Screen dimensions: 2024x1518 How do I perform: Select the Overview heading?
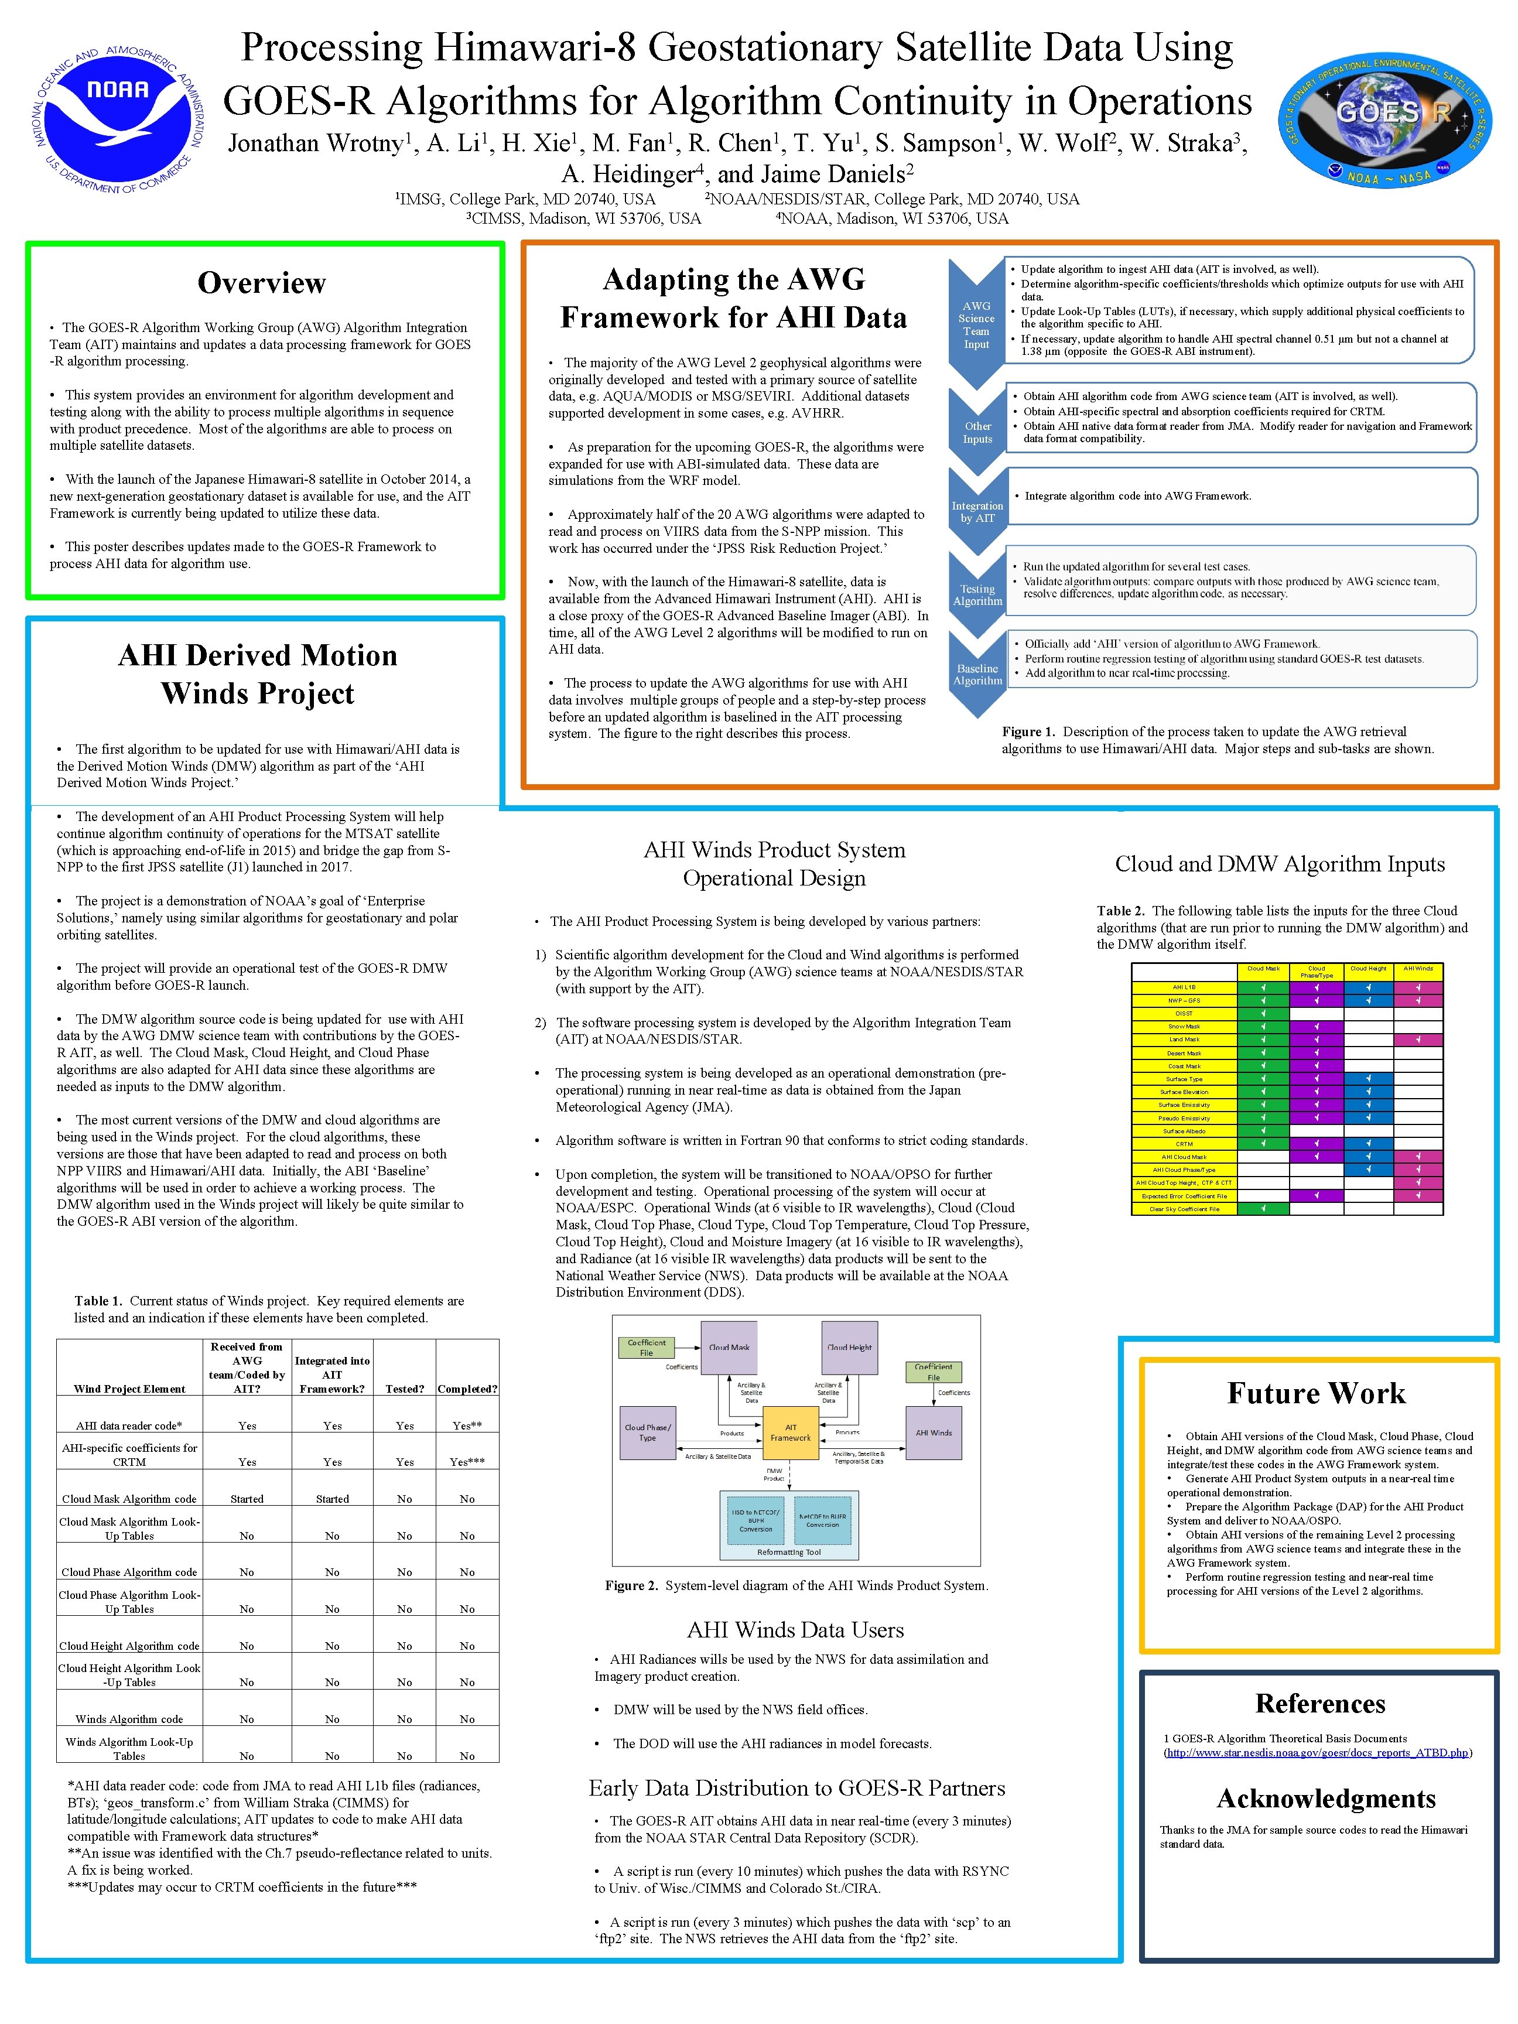262,283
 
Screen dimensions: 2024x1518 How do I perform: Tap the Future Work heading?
1316,1394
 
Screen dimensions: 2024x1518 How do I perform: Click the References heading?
1319,1704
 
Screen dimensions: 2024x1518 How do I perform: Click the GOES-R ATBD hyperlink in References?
1318,1753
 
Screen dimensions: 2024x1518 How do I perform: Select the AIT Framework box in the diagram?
791,1433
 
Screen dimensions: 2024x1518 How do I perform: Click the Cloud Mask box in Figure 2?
729,1348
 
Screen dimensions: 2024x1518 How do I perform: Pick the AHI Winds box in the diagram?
934,1433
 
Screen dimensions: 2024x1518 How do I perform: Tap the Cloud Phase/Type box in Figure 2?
648,1433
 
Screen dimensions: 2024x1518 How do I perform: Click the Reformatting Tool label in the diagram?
789,1553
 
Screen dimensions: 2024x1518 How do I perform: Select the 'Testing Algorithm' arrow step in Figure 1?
977,596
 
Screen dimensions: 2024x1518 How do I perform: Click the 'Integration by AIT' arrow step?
977,512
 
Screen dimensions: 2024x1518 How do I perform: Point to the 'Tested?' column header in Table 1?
405,1389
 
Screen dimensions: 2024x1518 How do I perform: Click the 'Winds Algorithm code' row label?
129,1719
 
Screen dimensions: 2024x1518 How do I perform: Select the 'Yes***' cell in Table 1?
467,1462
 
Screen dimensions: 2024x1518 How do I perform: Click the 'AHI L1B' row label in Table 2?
1184,987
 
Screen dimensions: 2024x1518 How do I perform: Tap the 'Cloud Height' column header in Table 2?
1368,969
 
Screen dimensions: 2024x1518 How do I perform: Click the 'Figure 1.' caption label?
1028,732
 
